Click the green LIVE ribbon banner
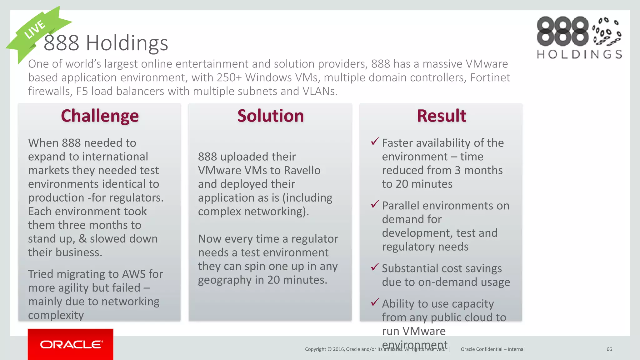[x=36, y=31]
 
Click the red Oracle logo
[x=71, y=344]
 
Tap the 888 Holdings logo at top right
[x=579, y=37]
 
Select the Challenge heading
[x=100, y=116]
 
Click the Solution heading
[x=270, y=116]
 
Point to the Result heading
[x=441, y=116]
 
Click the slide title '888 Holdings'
[x=106, y=43]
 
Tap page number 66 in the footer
[x=609, y=349]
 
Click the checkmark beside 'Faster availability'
[x=375, y=142]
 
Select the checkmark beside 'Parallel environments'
[x=375, y=204]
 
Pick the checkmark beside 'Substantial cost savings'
[x=375, y=267]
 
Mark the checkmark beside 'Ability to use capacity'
[x=375, y=302]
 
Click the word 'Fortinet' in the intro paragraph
[x=490, y=77]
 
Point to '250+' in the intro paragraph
[x=229, y=77]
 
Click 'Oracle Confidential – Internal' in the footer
[x=492, y=349]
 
